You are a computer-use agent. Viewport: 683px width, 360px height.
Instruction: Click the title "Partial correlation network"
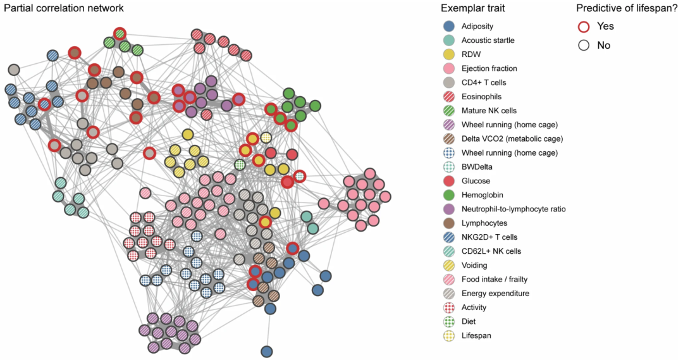(63, 8)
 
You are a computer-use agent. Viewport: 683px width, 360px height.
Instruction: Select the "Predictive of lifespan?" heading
(627, 8)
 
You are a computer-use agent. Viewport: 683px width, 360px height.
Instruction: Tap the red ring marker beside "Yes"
(584, 27)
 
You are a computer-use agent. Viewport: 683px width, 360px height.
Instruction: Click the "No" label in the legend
(603, 46)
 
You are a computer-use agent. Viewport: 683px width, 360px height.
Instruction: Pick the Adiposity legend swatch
(448, 27)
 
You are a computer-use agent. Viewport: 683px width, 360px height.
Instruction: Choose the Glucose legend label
(476, 181)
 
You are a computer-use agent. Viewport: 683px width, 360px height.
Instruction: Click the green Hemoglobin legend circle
(448, 195)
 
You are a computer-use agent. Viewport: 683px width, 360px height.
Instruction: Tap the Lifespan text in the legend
(476, 335)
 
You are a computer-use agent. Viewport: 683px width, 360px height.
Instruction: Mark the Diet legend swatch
(448, 321)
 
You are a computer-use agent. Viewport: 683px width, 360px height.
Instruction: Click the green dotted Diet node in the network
(240, 164)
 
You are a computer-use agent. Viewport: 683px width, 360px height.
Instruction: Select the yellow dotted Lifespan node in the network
(266, 137)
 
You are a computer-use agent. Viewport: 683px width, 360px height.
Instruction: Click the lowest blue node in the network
(266, 351)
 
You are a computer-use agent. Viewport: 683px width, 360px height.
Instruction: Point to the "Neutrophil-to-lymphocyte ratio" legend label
(514, 209)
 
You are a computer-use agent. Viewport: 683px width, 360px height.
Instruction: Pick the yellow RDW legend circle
(448, 54)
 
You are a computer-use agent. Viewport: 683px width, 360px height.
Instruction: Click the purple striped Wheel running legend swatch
(448, 125)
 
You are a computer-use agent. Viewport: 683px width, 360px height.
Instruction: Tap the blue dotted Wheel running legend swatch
(448, 153)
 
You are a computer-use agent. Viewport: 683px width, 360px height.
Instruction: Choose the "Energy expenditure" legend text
(495, 293)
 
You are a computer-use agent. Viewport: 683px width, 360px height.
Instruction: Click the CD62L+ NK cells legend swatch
(448, 251)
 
